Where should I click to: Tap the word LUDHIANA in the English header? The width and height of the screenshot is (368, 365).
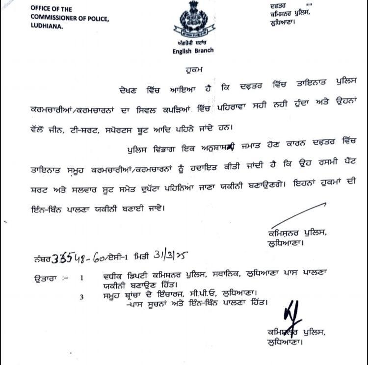point(47,27)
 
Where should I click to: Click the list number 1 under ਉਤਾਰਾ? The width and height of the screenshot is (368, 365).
point(82,277)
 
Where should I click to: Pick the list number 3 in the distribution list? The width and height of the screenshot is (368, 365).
point(82,296)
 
